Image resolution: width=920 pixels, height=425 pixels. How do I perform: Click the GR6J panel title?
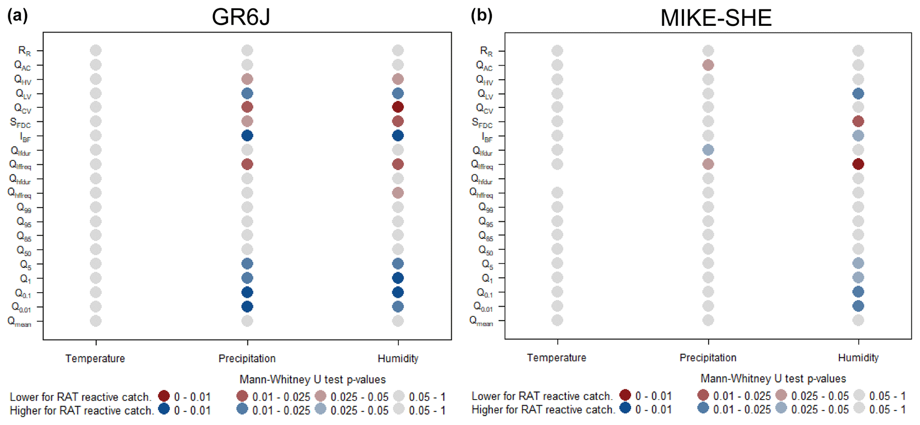[241, 17]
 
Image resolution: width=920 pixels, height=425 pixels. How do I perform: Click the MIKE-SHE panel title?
[715, 18]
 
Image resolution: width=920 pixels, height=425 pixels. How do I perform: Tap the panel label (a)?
[17, 16]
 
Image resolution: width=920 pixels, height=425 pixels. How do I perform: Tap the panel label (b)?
[482, 16]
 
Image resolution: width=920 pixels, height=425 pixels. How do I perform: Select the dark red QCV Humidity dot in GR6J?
[398, 107]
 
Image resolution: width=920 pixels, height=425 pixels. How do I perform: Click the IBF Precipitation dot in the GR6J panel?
[247, 135]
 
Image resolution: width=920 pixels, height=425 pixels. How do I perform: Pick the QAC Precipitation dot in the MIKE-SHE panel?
[708, 65]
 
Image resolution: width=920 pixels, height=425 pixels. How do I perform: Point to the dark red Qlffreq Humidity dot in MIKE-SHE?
[858, 164]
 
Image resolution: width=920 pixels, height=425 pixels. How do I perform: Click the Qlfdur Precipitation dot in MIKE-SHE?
[708, 150]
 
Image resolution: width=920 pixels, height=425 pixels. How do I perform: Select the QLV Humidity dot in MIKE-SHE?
[858, 94]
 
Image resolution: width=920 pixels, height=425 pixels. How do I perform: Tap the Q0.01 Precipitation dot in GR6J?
[247, 306]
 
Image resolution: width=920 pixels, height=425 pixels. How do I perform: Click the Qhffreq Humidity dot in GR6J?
[398, 193]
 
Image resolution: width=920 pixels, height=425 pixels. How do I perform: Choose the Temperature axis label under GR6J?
[95, 359]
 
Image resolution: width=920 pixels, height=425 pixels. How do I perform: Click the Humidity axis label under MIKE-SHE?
[858, 358]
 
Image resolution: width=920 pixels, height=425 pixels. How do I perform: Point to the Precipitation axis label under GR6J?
[247, 359]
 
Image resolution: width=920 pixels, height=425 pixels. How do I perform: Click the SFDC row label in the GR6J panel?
[20, 123]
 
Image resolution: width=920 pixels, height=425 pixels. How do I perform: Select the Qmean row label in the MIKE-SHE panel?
[481, 321]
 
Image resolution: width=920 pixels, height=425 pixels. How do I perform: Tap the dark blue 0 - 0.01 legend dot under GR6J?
[164, 409]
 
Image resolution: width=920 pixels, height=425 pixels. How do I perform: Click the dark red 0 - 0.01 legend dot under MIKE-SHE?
[625, 395]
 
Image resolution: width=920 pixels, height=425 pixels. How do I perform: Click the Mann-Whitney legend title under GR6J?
[312, 380]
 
